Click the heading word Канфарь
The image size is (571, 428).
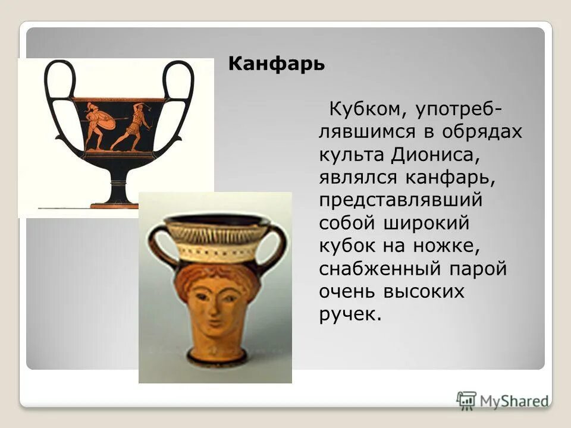277,64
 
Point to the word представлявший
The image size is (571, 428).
400,200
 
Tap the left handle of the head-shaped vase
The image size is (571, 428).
156,246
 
